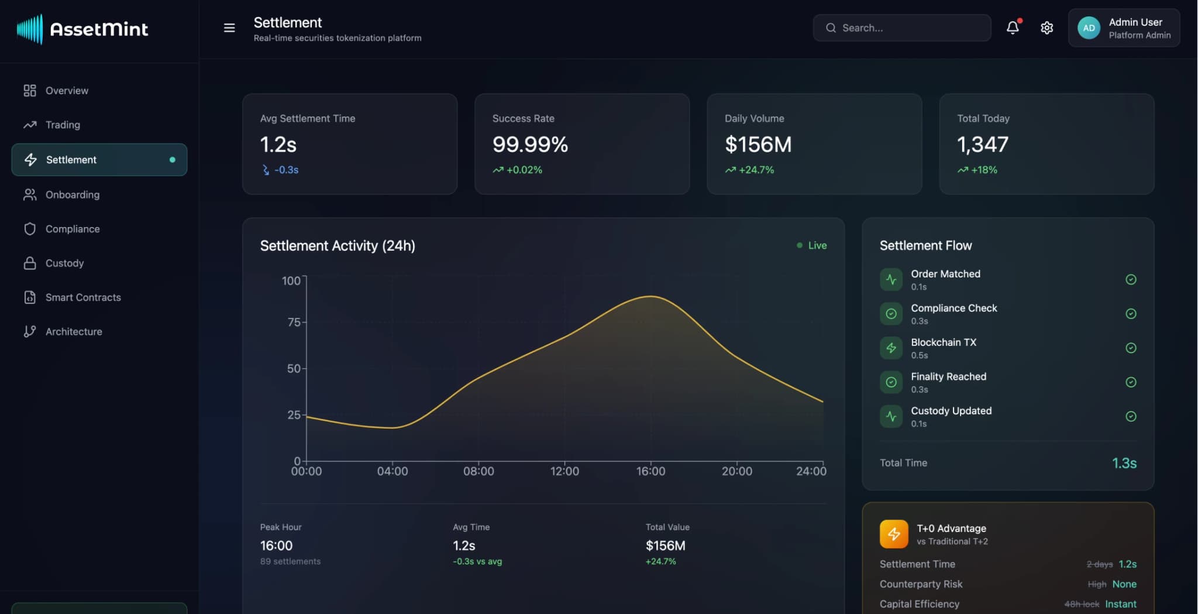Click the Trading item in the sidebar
click(62, 125)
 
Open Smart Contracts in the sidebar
click(82, 297)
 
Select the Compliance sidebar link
click(72, 229)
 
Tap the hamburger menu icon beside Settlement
click(229, 28)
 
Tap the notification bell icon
click(1013, 28)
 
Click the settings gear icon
click(1046, 28)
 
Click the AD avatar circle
click(1089, 28)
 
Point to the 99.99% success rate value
click(530, 145)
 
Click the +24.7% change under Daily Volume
click(756, 170)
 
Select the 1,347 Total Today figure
click(982, 145)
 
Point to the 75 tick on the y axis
click(294, 323)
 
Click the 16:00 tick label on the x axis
click(650, 471)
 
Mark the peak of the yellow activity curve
click(650, 296)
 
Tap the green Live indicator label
click(817, 245)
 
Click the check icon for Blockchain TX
click(1131, 348)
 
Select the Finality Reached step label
click(948, 376)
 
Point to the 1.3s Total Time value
click(1124, 463)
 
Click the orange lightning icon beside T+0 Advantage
click(893, 534)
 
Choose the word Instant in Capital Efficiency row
click(1120, 604)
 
